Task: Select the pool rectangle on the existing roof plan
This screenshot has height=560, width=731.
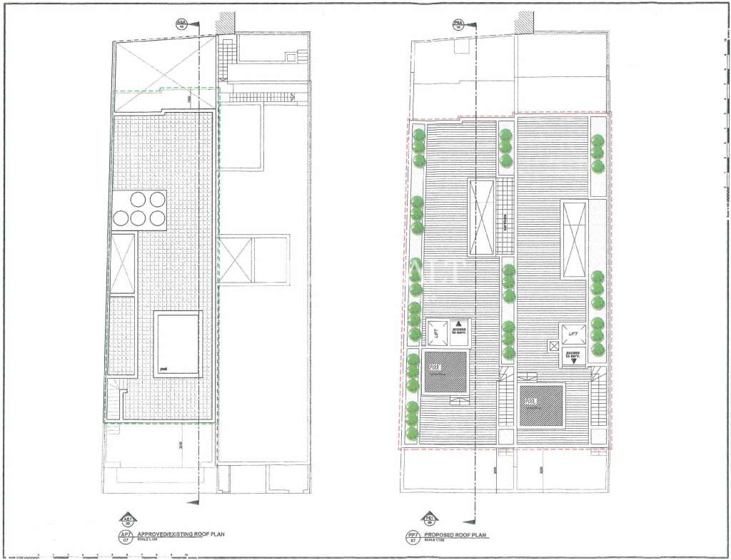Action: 178,345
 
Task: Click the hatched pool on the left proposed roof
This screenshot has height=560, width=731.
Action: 445,372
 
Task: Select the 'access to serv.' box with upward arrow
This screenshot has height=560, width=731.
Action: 457,329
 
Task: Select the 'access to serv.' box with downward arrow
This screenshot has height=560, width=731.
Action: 573,356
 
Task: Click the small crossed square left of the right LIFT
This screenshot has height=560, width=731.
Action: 553,345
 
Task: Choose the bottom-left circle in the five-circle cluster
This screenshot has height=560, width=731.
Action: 122,218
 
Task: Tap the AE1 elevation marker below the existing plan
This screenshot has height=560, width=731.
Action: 127,519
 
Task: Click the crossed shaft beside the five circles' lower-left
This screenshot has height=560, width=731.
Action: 123,263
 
